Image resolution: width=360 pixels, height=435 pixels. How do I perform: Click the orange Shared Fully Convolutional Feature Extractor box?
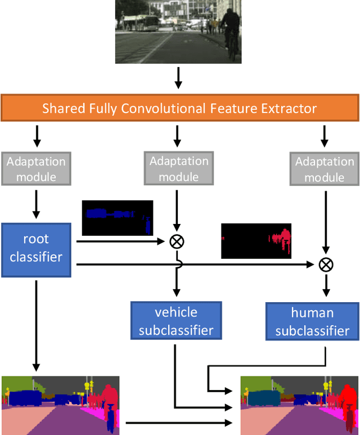(x=179, y=108)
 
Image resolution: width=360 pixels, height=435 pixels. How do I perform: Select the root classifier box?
(x=37, y=250)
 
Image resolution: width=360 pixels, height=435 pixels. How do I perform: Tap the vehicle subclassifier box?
(x=176, y=321)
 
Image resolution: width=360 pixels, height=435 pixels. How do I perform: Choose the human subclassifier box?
(x=312, y=321)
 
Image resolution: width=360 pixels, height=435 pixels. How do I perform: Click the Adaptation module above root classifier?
(x=36, y=169)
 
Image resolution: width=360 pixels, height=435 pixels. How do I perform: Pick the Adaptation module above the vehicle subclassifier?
(x=178, y=169)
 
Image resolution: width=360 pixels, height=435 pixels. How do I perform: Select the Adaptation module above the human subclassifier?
(x=325, y=169)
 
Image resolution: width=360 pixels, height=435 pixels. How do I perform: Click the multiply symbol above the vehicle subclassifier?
(x=177, y=241)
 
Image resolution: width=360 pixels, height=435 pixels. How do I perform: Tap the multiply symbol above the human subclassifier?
(x=325, y=264)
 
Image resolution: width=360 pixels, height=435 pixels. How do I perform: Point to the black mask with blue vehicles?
(x=117, y=218)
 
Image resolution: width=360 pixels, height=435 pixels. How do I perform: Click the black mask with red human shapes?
(x=256, y=241)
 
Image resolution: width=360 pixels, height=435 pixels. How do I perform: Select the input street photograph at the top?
(x=178, y=32)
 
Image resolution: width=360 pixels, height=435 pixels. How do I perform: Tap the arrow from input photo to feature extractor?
(x=178, y=78)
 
